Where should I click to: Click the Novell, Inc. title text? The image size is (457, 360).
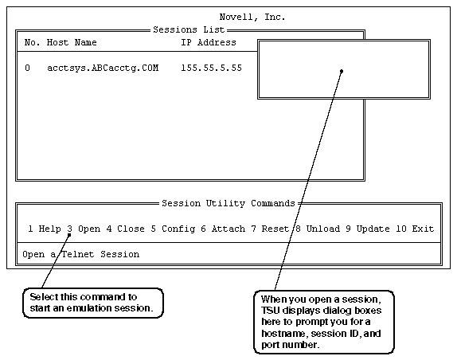pyautogui.click(x=252, y=18)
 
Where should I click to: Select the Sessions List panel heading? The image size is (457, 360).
pyautogui.click(x=189, y=29)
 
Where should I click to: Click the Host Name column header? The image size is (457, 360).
pyautogui.click(x=72, y=42)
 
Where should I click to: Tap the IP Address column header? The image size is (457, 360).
pyautogui.click(x=209, y=42)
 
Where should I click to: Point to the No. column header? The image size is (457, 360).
pyautogui.click(x=32, y=42)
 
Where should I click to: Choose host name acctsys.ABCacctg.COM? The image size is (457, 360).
pyautogui.click(x=103, y=68)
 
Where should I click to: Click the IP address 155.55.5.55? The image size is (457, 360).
pyautogui.click(x=211, y=68)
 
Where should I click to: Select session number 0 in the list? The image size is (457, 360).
pyautogui.click(x=27, y=68)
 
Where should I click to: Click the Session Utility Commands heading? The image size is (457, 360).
pyautogui.click(x=228, y=203)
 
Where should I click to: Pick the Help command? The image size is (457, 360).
pyautogui.click(x=50, y=229)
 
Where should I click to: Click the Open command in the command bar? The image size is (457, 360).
pyautogui.click(x=89, y=229)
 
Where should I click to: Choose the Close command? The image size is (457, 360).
pyautogui.click(x=131, y=229)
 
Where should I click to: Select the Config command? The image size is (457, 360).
pyautogui.click(x=178, y=229)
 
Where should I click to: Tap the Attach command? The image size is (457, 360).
pyautogui.click(x=228, y=229)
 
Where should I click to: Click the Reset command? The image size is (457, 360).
pyautogui.click(x=275, y=229)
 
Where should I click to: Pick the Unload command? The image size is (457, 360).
pyautogui.click(x=323, y=229)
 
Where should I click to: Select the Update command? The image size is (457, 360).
pyautogui.click(x=373, y=229)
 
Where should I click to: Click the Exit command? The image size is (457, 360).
pyautogui.click(x=423, y=229)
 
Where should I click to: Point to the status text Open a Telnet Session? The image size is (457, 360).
pyautogui.click(x=81, y=255)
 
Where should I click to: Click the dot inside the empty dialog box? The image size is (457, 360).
pyautogui.click(x=342, y=71)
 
